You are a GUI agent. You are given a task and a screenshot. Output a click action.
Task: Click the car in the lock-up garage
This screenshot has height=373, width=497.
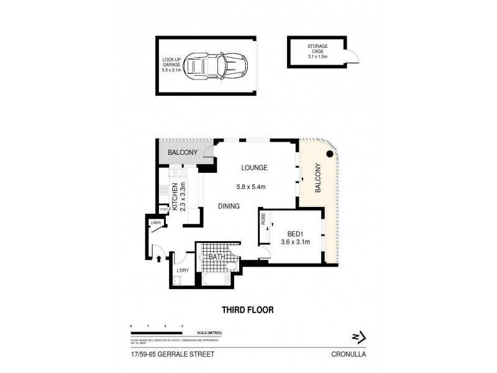(218, 64)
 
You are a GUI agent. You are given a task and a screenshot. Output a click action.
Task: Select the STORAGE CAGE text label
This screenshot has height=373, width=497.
(318, 50)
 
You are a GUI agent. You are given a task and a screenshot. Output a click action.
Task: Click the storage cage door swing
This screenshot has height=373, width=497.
(353, 58)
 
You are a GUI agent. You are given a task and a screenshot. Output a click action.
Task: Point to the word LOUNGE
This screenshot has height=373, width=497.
(255, 167)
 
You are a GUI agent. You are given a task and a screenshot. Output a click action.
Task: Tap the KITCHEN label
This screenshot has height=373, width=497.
(176, 197)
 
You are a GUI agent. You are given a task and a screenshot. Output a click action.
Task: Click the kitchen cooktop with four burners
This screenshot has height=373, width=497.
(176, 174)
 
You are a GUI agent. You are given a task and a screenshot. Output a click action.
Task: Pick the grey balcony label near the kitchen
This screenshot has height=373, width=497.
(182, 152)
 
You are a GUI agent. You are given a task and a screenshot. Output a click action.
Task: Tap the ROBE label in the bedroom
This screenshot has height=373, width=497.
(263, 218)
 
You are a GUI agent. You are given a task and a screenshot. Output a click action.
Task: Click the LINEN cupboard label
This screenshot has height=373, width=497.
(155, 223)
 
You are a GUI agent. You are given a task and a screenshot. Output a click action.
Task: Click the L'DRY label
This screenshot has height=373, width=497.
(182, 270)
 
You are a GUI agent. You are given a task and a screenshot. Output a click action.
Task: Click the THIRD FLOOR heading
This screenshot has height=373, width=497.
(248, 310)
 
